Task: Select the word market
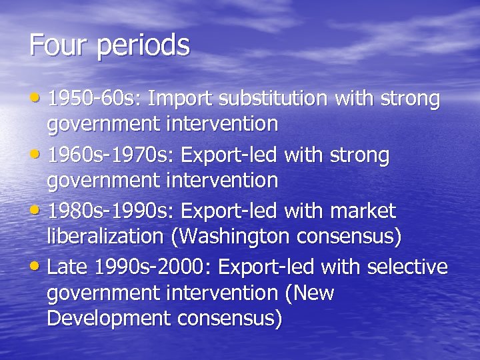364,211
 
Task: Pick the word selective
406,267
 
